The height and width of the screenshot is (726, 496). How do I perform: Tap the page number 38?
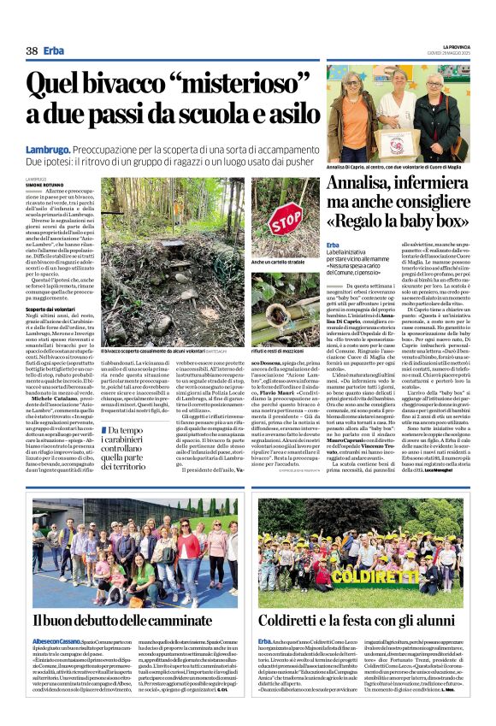(32, 50)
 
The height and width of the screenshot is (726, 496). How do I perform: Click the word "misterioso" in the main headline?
(193, 84)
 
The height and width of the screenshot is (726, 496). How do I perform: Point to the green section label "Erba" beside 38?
(54, 50)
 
